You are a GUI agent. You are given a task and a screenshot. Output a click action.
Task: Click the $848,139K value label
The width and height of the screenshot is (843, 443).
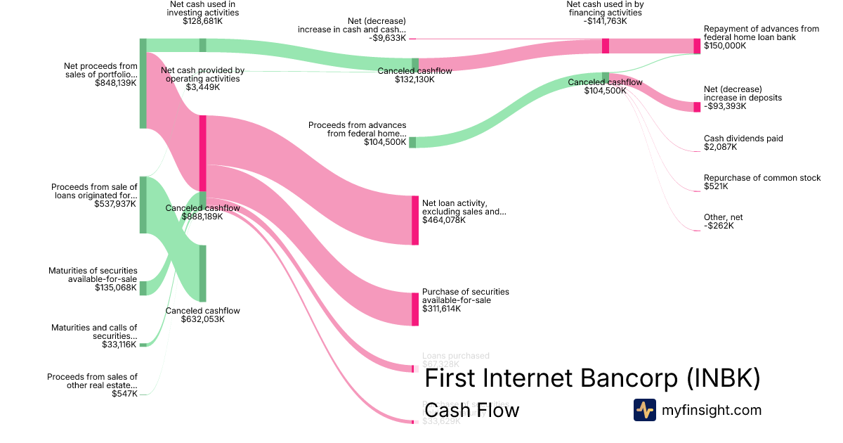pyautogui.click(x=116, y=83)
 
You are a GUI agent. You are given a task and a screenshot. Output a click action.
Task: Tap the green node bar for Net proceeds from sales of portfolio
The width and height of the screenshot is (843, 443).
pyautogui.click(x=143, y=83)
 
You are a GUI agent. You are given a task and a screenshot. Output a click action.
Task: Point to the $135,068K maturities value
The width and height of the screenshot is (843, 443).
pyautogui.click(x=116, y=288)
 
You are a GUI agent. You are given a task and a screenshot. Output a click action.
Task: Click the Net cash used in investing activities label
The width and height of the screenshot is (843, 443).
pyautogui.click(x=202, y=8)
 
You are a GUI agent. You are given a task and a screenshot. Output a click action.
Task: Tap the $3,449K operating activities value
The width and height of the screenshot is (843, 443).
pyautogui.click(x=202, y=87)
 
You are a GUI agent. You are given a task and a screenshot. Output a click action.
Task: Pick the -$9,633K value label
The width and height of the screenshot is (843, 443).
pyautogui.click(x=386, y=38)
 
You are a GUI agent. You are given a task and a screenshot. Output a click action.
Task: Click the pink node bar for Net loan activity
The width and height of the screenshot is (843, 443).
pyautogui.click(x=415, y=220)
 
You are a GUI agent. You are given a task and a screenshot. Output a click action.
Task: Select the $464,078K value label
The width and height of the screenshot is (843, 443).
pyautogui.click(x=443, y=220)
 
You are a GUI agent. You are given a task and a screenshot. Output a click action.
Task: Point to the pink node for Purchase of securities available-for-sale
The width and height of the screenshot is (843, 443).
pyautogui.click(x=415, y=309)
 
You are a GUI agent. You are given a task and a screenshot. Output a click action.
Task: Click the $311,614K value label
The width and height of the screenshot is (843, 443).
pyautogui.click(x=442, y=309)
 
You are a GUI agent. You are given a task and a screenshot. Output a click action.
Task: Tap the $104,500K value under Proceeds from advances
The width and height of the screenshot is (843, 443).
pyautogui.click(x=385, y=142)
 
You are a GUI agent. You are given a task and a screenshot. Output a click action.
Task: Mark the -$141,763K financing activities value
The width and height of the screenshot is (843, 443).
pyautogui.click(x=606, y=21)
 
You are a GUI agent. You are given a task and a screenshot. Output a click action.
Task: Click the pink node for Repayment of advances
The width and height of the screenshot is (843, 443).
pyautogui.click(x=697, y=46)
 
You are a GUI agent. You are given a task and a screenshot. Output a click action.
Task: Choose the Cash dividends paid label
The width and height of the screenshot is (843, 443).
pyautogui.click(x=743, y=139)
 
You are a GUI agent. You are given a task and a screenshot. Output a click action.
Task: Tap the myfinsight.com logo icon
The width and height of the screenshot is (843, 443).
pyautogui.click(x=644, y=410)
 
